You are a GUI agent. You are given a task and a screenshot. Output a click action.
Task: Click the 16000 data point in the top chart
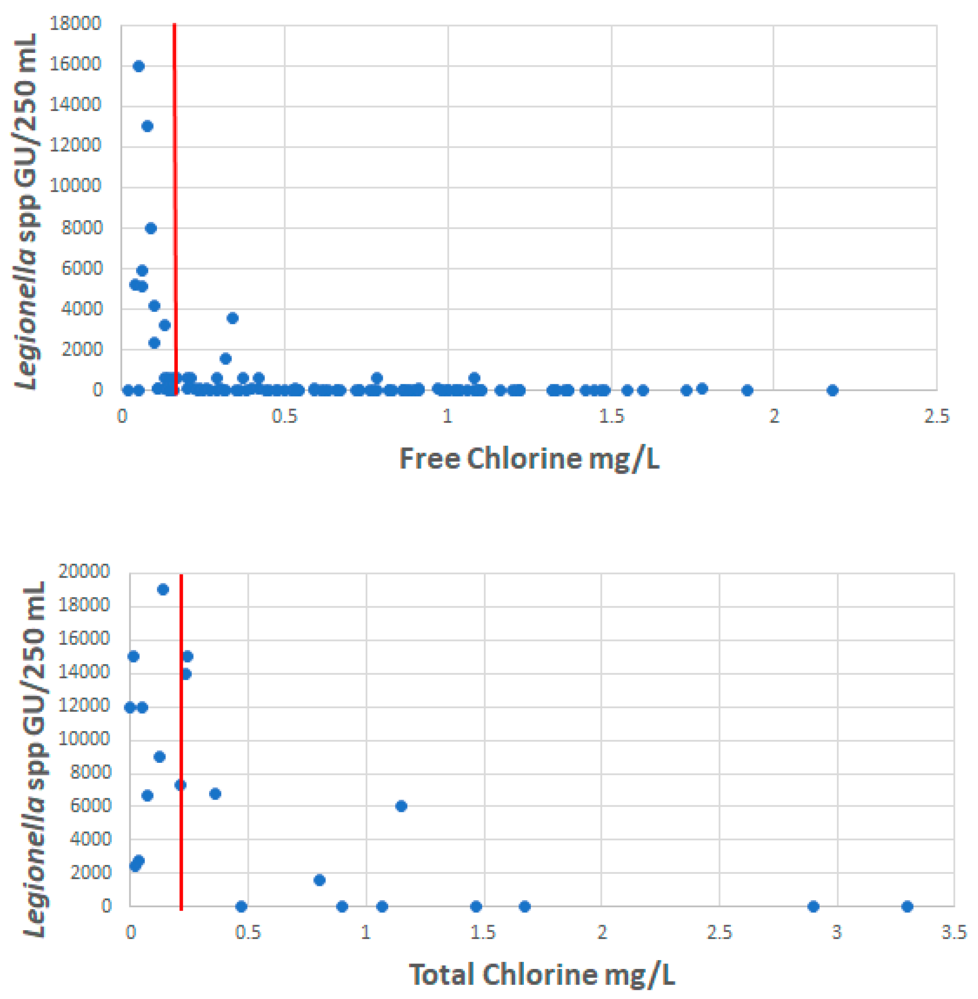(x=139, y=66)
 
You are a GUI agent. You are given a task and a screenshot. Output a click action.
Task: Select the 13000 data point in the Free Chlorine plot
(x=147, y=126)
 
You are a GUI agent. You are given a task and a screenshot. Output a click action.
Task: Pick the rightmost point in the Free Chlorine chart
(x=833, y=390)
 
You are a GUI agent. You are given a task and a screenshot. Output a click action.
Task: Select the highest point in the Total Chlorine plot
(x=163, y=590)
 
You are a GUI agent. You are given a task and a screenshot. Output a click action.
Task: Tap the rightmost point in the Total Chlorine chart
(x=907, y=906)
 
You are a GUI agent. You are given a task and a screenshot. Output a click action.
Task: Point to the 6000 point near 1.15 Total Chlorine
(x=401, y=806)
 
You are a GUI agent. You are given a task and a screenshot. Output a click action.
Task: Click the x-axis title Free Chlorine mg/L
(x=529, y=458)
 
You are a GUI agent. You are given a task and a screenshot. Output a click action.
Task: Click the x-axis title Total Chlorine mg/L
(x=541, y=974)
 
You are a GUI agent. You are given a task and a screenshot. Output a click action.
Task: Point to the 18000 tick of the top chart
(x=76, y=24)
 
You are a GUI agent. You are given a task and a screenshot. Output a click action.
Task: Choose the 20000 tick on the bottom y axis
(x=84, y=571)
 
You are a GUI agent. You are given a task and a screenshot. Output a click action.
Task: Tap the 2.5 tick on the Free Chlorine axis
(x=936, y=416)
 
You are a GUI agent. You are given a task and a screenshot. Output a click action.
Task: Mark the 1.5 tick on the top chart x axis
(x=611, y=416)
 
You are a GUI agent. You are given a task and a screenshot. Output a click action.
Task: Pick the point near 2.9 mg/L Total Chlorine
(x=813, y=906)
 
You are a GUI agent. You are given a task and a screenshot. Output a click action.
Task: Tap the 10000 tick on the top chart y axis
(x=76, y=185)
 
